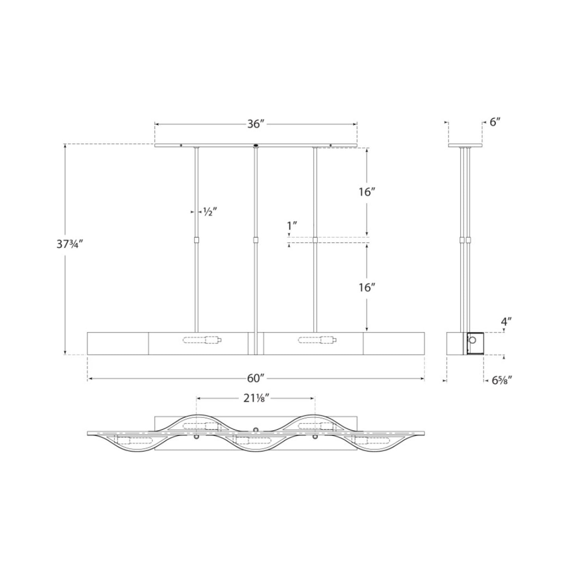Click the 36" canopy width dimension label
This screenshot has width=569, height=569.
[x=256, y=124]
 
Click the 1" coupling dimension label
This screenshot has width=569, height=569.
[x=292, y=226]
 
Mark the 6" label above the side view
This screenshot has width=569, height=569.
[x=495, y=122]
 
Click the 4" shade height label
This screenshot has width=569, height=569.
[x=506, y=321]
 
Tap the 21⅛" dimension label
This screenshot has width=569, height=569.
[x=256, y=398]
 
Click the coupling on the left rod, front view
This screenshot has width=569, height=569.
[x=196, y=240]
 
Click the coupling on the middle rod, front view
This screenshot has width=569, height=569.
[x=256, y=240]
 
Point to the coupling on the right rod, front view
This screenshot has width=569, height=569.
[x=315, y=240]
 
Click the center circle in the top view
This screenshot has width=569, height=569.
[x=256, y=429]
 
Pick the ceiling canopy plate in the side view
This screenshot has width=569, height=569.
[x=465, y=146]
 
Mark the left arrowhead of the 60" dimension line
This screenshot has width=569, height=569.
[x=89, y=379]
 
